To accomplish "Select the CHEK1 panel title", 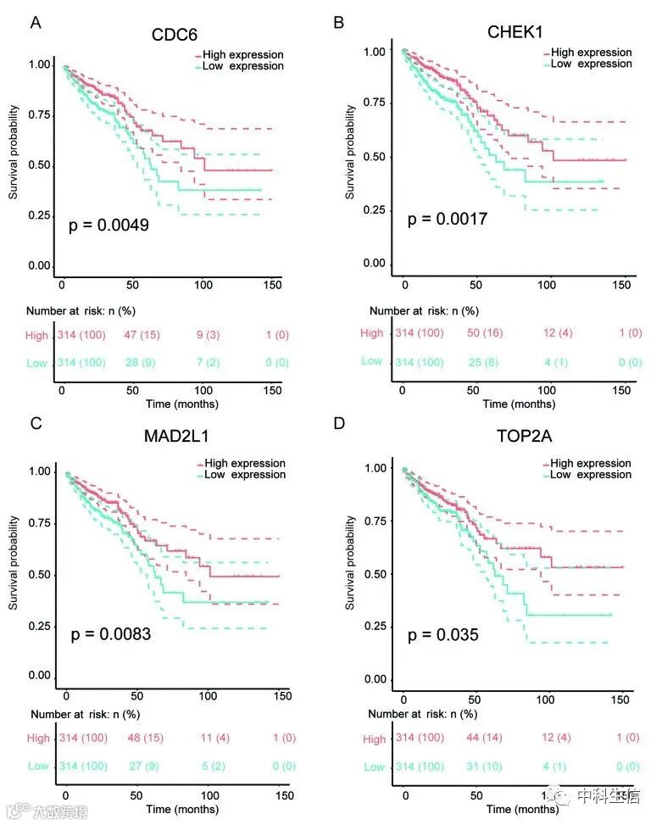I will [x=515, y=32].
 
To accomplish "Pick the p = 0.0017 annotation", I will [x=448, y=220].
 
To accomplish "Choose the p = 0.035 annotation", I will [x=442, y=634].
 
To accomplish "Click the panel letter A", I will [x=36, y=23].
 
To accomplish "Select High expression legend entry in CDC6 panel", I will [x=239, y=54].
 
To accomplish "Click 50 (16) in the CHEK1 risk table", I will [x=485, y=332].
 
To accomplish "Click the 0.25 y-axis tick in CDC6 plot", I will [x=39, y=215].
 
